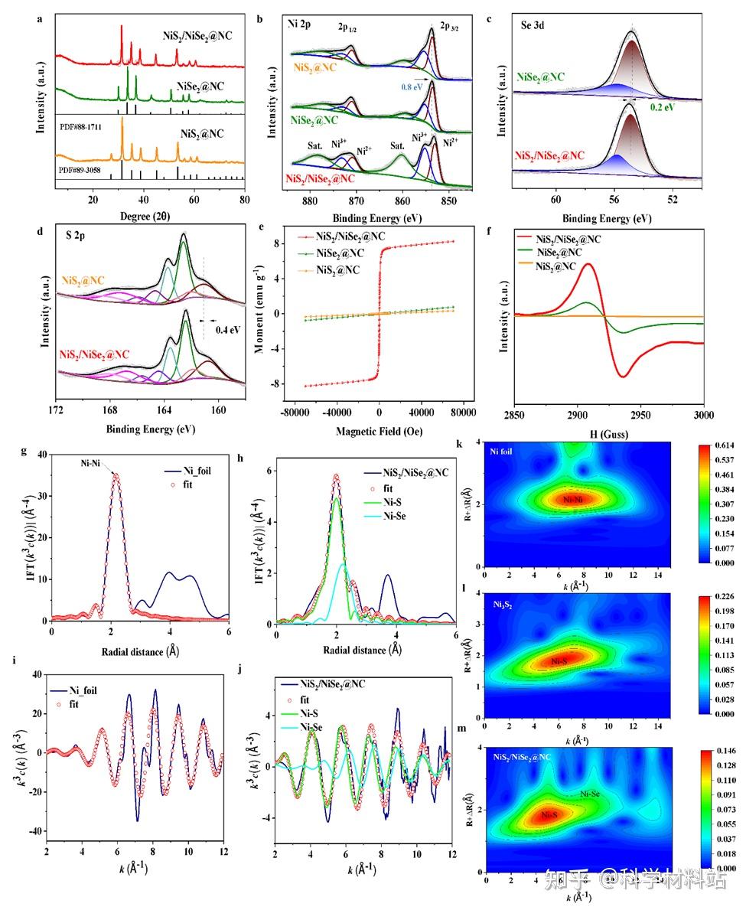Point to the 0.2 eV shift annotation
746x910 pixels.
point(663,108)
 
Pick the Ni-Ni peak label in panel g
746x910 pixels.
point(94,463)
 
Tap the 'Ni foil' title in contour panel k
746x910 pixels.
point(500,451)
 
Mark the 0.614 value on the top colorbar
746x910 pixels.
point(725,445)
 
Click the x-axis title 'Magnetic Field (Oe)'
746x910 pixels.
point(379,432)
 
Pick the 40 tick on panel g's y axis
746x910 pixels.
point(42,455)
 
